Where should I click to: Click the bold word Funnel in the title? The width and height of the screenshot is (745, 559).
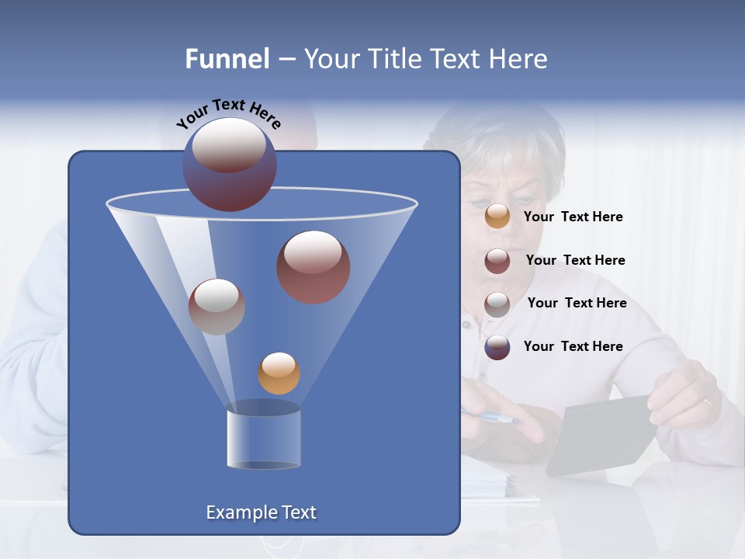point(227,59)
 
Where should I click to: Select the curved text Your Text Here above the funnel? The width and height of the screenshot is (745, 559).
point(229,113)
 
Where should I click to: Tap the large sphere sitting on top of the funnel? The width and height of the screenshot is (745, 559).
point(229,164)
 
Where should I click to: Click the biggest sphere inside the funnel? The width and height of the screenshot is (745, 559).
point(313,266)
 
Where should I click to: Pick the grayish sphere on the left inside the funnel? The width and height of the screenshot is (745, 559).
point(217,307)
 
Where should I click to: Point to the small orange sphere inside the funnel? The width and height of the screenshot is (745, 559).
point(279,373)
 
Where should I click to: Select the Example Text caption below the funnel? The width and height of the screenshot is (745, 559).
point(261,512)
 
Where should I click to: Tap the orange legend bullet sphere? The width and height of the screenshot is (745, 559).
point(497,217)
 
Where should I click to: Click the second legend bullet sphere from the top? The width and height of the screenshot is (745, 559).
point(497,261)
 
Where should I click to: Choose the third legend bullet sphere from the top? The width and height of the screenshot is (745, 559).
point(497,304)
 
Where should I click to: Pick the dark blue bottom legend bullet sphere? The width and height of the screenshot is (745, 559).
point(497,347)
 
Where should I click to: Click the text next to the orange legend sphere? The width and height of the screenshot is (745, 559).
point(573,217)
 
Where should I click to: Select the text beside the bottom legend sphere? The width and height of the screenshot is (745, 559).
point(573,346)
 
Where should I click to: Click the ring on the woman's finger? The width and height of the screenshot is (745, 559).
point(706,402)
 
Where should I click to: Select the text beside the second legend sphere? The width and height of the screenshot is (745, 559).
point(575,260)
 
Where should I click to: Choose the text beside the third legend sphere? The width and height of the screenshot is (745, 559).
point(577,303)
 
